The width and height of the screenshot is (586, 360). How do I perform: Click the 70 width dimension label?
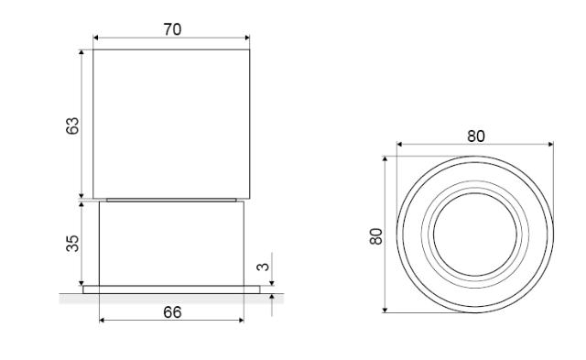coord(172,29)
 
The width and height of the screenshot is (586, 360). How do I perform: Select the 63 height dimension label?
coord(72,125)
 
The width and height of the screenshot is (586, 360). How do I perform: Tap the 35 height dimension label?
coord(72,244)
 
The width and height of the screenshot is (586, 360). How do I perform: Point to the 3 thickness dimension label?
coord(263,267)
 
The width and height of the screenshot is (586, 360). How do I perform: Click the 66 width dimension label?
coord(172,312)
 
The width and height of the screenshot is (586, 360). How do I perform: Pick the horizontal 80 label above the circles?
coord(476,136)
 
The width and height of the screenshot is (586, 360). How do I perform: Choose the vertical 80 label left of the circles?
coord(376,236)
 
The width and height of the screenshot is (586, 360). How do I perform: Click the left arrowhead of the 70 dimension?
coord(95,38)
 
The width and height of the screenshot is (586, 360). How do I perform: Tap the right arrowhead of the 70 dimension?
coord(247,38)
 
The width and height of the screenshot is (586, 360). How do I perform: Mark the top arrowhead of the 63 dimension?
coord(81,52)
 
